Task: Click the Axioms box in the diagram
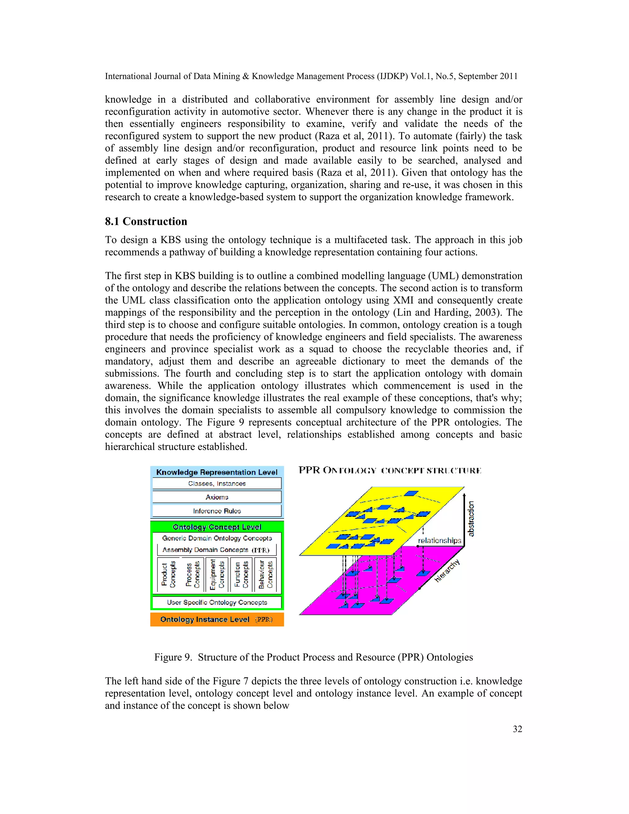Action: coord(217,497)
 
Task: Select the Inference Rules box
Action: coord(217,511)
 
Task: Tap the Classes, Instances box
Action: coord(217,483)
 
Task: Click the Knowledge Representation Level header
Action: coord(217,472)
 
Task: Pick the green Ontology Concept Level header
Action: coord(217,526)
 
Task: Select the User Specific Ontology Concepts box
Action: coord(217,602)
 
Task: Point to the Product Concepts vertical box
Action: coord(168,574)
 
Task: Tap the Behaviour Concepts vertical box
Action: coord(266,574)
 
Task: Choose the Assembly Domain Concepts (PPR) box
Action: coord(216,550)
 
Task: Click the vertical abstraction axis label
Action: coord(471,519)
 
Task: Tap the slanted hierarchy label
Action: coord(447,571)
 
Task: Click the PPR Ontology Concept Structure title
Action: coord(390,470)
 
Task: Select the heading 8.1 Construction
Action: coord(146,221)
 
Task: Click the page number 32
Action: coord(517,729)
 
